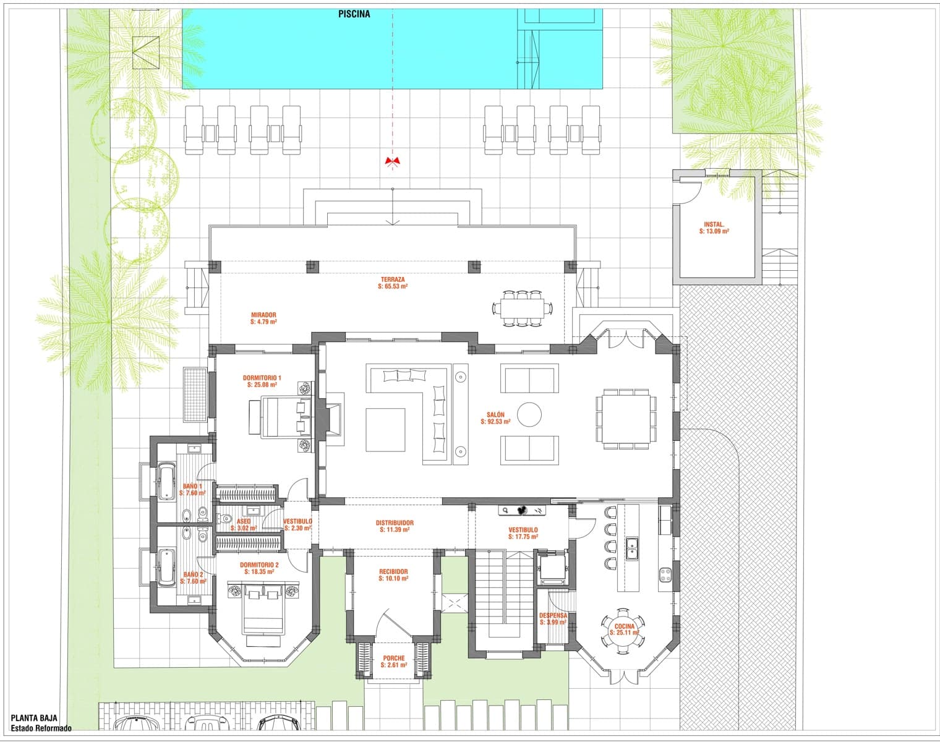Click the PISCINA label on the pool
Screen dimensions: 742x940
tap(354, 14)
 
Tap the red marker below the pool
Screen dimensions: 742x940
tap(392, 161)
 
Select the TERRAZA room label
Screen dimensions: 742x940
tap(393, 279)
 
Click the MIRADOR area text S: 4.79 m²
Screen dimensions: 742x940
tap(263, 322)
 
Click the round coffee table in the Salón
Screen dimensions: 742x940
tap(529, 414)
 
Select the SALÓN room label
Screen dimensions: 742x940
tap(495, 415)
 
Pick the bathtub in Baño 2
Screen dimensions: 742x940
tap(166, 567)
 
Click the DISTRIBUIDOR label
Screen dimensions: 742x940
tap(395, 523)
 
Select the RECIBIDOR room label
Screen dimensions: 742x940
tap(393, 572)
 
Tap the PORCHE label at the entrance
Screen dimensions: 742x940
tap(394, 658)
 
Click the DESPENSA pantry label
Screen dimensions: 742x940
tap(553, 616)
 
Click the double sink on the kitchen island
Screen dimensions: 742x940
tap(631, 548)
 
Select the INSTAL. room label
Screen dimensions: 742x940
tap(714, 224)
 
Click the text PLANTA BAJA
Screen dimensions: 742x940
tap(34, 719)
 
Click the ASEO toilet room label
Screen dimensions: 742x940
tap(244, 521)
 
